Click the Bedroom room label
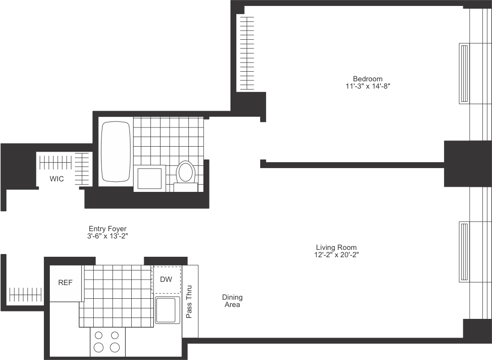click(x=367, y=79)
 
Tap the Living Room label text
click(x=337, y=247)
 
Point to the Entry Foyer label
click(x=107, y=228)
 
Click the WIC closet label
click(x=57, y=179)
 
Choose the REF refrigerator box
click(x=65, y=283)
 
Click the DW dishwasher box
click(x=166, y=279)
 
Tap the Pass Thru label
click(x=189, y=302)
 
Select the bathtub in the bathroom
click(x=116, y=151)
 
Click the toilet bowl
click(x=186, y=172)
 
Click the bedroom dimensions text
click(x=367, y=86)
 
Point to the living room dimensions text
click(x=337, y=254)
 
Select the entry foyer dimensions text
click(x=107, y=236)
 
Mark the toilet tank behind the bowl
click(x=186, y=187)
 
